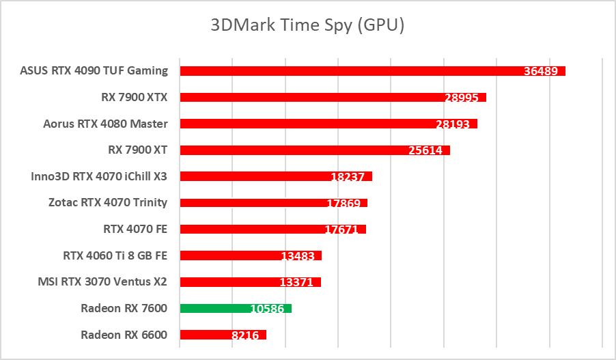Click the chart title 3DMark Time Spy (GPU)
click(307, 26)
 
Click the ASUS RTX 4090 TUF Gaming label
click(94, 70)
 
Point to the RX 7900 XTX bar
click(307, 97)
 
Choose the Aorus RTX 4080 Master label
click(105, 124)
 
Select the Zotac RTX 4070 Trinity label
click(108, 202)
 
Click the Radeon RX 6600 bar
click(205, 335)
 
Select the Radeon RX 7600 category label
click(124, 308)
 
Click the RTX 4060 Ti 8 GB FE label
click(115, 255)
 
